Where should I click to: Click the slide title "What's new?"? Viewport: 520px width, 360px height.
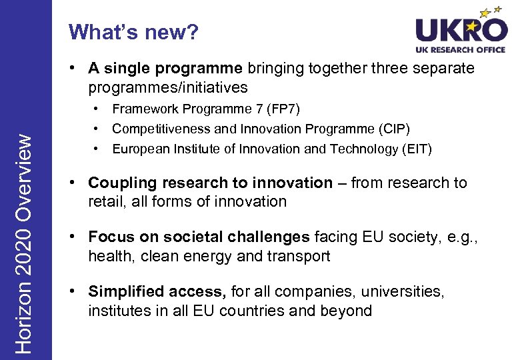click(133, 31)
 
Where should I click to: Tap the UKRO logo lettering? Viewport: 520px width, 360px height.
click(461, 30)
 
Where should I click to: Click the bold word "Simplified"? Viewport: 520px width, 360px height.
click(127, 292)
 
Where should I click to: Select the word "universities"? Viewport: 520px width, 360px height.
click(401, 292)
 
